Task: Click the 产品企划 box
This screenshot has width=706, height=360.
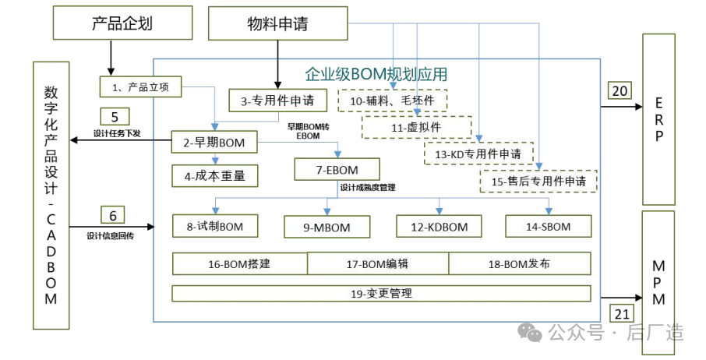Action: coord(122,23)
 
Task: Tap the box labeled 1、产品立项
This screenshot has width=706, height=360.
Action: coord(140,86)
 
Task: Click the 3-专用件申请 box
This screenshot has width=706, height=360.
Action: coord(277,100)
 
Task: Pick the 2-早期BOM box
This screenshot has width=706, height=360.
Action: coord(214,142)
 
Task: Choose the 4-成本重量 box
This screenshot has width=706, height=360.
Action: coord(214,176)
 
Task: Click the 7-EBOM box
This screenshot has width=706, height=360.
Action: coord(337,169)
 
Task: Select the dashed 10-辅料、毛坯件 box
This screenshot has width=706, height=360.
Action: coord(392,101)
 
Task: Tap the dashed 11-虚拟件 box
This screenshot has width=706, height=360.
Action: coord(418,127)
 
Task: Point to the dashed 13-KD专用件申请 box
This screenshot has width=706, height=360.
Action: coord(478,154)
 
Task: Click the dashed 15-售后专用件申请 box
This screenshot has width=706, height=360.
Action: coord(538,182)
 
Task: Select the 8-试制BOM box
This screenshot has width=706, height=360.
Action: coord(215,227)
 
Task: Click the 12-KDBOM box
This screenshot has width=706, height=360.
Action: coord(439,227)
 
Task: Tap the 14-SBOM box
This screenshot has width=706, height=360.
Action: coord(548,226)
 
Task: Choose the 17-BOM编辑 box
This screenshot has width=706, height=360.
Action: coord(377,264)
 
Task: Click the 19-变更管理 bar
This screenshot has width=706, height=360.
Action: coord(381,294)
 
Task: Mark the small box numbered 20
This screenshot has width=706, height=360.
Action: coord(620,91)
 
